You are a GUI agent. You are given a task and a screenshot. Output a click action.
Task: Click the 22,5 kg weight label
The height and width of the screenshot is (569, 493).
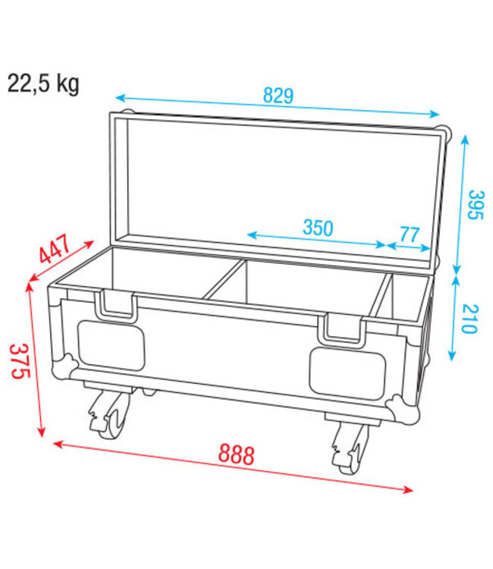tap(43, 83)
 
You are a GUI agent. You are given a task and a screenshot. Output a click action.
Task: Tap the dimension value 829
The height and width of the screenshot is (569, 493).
tap(278, 97)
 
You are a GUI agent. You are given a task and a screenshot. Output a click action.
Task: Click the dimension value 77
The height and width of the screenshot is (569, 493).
tap(408, 234)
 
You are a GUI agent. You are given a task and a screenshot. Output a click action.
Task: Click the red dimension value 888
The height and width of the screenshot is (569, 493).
tap(237, 454)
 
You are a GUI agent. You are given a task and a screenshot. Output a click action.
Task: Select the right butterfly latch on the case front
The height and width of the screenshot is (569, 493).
tap(342, 328)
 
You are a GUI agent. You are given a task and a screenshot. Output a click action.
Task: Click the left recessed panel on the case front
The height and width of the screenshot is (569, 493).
tap(111, 346)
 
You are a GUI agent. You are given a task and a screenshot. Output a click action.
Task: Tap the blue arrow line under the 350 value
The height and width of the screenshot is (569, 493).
tap(317, 240)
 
